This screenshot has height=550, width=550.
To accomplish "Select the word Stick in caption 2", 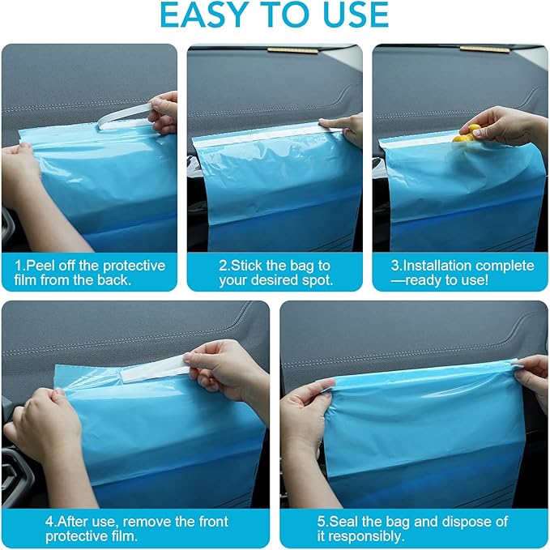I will click(x=243, y=266).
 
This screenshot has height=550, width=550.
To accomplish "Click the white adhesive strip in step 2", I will click(x=259, y=134).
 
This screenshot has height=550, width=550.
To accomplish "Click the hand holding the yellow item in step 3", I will click(x=502, y=126).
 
